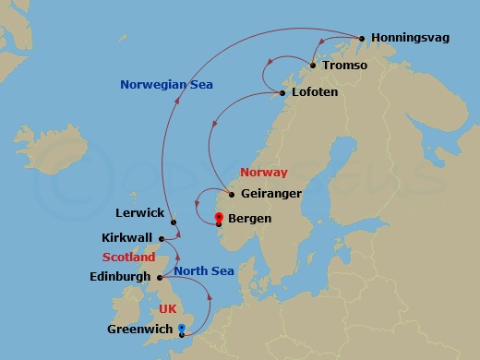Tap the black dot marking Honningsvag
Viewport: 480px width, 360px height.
coord(362,39)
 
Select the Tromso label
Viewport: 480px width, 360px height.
coord(345,66)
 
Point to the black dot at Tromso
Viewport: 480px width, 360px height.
coord(314,66)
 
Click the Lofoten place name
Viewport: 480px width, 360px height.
coord(314,93)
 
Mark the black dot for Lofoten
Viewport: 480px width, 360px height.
coord(282,93)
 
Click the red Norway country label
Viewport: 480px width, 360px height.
coord(263,173)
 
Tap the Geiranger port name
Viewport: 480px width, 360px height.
coord(270,195)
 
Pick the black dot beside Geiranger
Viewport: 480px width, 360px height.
coord(231,195)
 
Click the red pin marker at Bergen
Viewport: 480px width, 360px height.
coord(219,219)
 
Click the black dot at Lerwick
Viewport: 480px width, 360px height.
coord(174,222)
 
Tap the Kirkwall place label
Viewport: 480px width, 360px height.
coord(126,237)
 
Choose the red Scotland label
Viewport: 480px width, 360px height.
coord(128,258)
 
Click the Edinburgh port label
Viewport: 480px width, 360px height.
coord(121,276)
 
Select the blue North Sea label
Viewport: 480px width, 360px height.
coord(204,270)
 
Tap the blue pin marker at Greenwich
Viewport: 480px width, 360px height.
coord(182,330)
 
